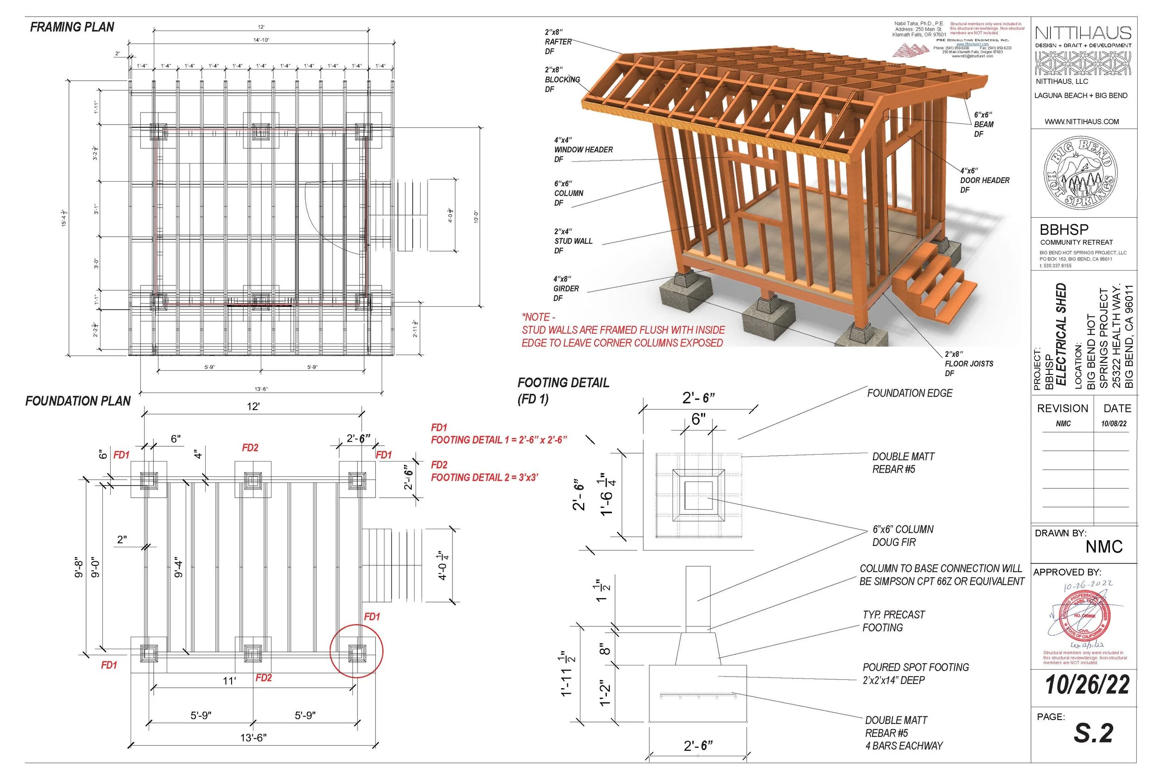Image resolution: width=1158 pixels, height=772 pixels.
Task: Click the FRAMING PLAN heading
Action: (x=72, y=27)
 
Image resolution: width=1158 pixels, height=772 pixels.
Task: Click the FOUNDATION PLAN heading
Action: (x=78, y=401)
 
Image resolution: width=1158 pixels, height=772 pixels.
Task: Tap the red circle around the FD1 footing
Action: (x=356, y=652)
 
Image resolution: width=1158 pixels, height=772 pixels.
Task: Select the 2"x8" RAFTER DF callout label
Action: (x=558, y=42)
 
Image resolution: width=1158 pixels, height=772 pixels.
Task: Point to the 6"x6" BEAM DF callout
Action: (x=983, y=124)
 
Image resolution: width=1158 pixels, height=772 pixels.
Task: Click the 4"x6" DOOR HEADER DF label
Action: (x=984, y=180)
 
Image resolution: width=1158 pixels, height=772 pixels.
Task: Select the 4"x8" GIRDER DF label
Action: (x=566, y=289)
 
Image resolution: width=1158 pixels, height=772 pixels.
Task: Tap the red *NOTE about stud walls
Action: (x=623, y=330)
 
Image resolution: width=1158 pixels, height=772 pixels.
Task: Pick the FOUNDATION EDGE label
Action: (x=909, y=393)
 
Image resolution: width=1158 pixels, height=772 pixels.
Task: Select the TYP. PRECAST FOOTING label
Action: (x=893, y=621)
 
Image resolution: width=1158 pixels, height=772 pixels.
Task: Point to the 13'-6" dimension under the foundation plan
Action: (x=253, y=738)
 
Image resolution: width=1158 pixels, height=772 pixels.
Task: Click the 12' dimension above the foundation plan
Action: (x=253, y=407)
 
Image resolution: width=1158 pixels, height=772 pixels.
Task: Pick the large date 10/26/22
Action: (x=1087, y=685)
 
